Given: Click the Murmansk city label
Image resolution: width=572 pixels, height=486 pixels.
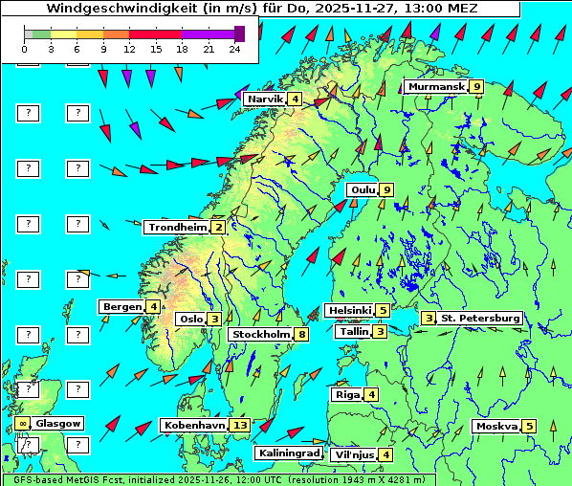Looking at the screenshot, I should click(435, 87).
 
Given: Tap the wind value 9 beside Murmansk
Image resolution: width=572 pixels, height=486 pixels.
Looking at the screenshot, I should click(476, 87).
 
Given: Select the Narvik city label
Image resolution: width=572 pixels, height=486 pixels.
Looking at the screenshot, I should click(264, 99).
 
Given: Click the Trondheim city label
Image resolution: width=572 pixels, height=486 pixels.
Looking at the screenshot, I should click(177, 228).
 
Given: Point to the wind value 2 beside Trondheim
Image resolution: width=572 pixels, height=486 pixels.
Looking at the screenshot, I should click(219, 228).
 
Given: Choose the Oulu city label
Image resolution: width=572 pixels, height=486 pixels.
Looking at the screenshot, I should click(363, 189).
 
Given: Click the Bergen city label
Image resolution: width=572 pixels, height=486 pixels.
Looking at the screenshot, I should click(121, 306).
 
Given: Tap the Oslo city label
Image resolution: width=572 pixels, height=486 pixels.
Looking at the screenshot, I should click(190, 320).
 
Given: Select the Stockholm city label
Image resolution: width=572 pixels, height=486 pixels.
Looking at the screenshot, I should click(260, 335).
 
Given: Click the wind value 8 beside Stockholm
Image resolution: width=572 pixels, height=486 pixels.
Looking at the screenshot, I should click(302, 335).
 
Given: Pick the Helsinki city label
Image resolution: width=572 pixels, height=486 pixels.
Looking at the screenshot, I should click(348, 310).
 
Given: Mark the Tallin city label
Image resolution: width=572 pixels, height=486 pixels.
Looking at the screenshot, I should click(354, 332).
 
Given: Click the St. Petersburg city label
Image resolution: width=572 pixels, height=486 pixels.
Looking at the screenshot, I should click(479, 318).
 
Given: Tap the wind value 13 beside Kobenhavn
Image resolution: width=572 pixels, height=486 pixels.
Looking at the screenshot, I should click(240, 426).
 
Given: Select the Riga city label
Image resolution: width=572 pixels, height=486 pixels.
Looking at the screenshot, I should click(345, 395).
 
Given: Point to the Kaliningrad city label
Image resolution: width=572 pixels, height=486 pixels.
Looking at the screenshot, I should click(289, 453).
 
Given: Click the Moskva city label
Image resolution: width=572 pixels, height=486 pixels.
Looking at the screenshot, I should click(496, 427).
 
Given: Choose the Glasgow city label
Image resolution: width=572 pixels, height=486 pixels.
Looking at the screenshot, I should click(58, 423).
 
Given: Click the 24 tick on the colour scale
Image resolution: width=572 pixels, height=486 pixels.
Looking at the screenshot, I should click(235, 48).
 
